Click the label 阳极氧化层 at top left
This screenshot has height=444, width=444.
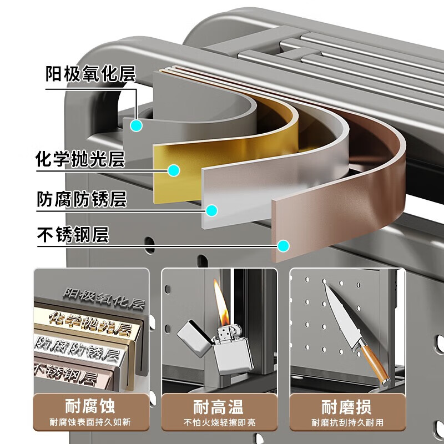[x=90, y=74]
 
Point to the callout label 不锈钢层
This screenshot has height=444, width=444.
[x=72, y=235]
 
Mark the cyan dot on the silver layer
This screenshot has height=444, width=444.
[x=211, y=210]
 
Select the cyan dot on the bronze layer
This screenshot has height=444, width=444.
[x=284, y=245]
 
